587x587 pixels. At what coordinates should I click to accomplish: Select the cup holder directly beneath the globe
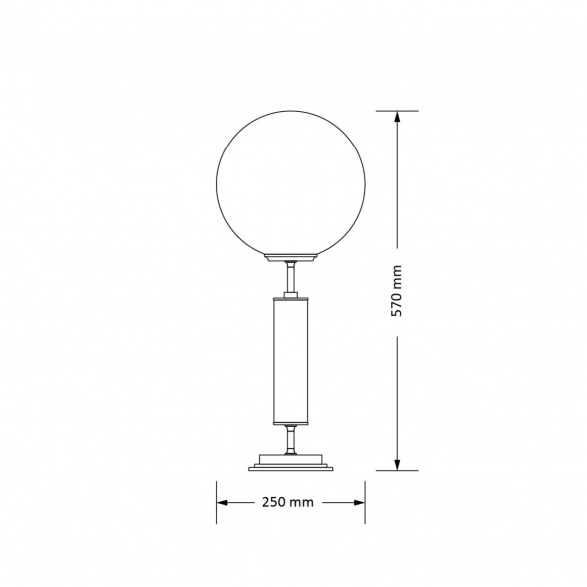tap(291, 257)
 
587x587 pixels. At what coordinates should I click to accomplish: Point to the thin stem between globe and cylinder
tap(291, 275)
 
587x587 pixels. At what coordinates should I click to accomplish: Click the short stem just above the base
tap(291, 438)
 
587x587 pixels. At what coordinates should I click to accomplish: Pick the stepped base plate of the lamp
tap(291, 462)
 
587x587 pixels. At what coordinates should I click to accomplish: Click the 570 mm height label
tap(397, 290)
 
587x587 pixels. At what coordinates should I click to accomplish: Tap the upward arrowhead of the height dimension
tap(397, 117)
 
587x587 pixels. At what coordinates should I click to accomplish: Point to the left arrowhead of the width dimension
tap(223, 502)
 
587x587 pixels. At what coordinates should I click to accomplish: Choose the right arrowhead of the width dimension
tap(360, 502)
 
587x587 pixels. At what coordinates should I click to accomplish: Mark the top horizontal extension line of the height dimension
tap(397, 111)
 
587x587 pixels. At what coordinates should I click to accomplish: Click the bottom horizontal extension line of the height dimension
tap(397, 469)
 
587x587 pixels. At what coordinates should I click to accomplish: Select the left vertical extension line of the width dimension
tap(217, 502)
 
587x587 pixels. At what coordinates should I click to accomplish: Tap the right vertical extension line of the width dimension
tap(366, 502)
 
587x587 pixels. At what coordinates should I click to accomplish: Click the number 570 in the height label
tap(397, 303)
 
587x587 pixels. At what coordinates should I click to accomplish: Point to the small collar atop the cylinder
tap(291, 296)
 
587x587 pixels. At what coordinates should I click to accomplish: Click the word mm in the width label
tap(303, 502)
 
